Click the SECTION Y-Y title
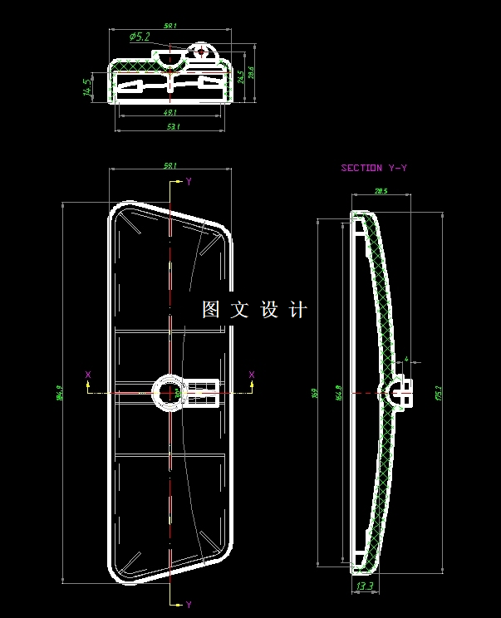coord(374,169)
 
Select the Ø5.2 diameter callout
coord(140,37)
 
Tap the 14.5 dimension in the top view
coord(86,87)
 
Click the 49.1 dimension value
coord(169,113)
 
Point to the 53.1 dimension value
coord(173,127)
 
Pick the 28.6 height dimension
coord(251,73)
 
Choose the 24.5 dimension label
coord(240,76)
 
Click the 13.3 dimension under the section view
coord(364,586)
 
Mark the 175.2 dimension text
coord(439,390)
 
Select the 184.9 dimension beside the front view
coord(60,390)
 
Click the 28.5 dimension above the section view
coord(381,192)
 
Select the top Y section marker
coord(189,181)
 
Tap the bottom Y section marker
coord(189,604)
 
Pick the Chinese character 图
coord(212,310)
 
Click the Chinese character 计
coord(298,310)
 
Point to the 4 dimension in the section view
coord(405,360)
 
